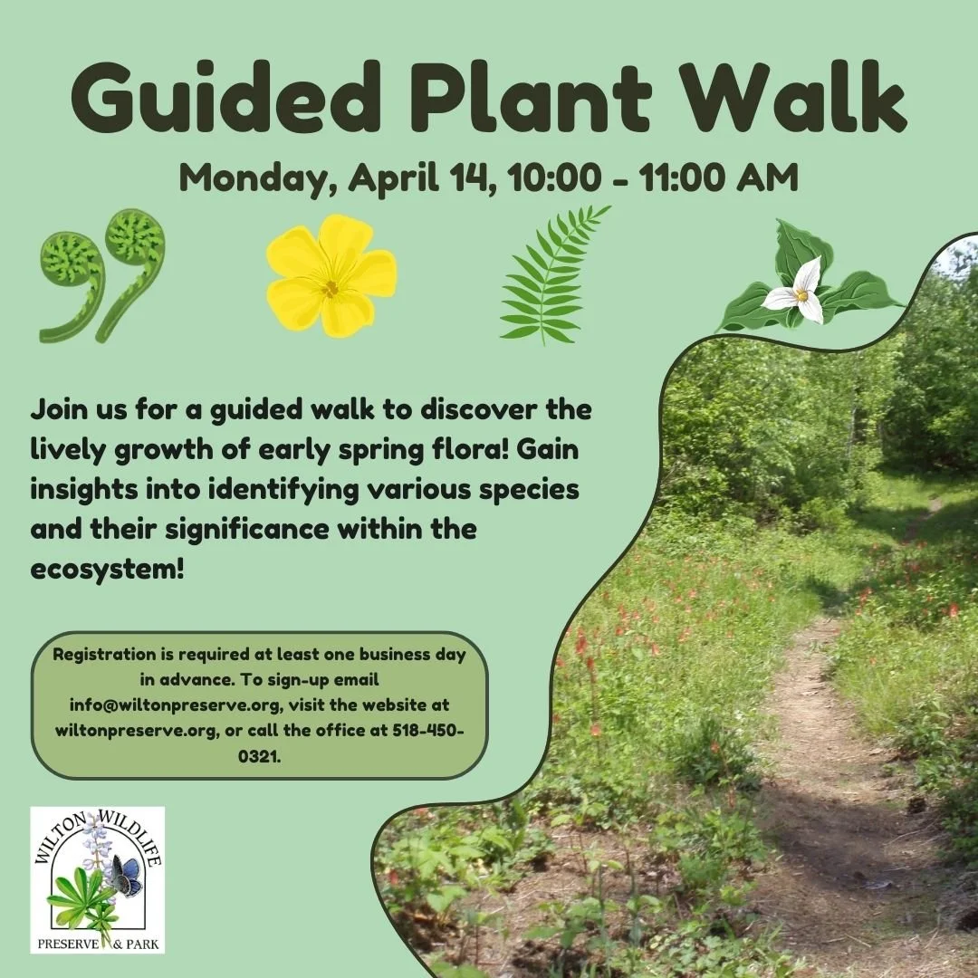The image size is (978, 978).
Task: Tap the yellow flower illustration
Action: [x=331, y=276]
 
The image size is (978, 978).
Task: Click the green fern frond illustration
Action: [x=550, y=276]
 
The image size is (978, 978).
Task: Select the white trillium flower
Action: [x=797, y=292]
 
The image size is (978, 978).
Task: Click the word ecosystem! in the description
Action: [x=107, y=572]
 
